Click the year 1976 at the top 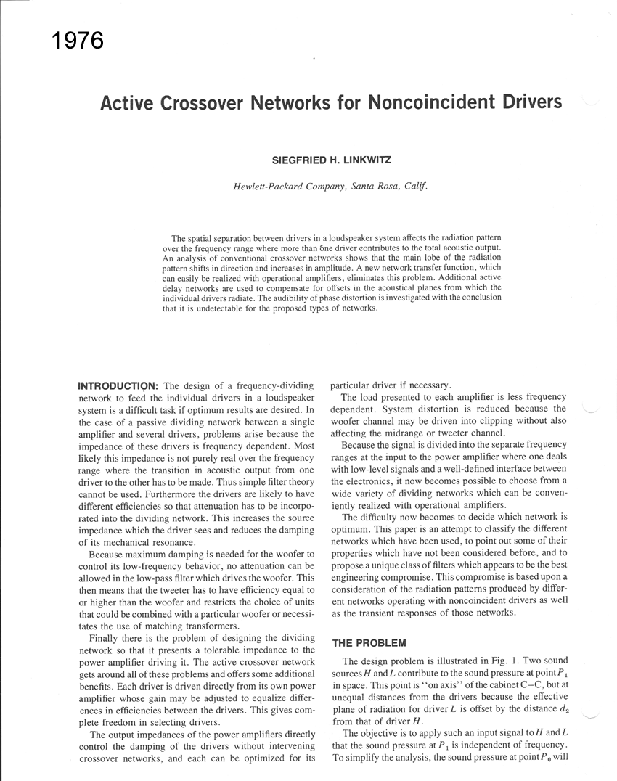click(78, 41)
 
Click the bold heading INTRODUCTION click(118, 385)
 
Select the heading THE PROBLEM click(369, 643)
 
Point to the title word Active click(124, 103)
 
